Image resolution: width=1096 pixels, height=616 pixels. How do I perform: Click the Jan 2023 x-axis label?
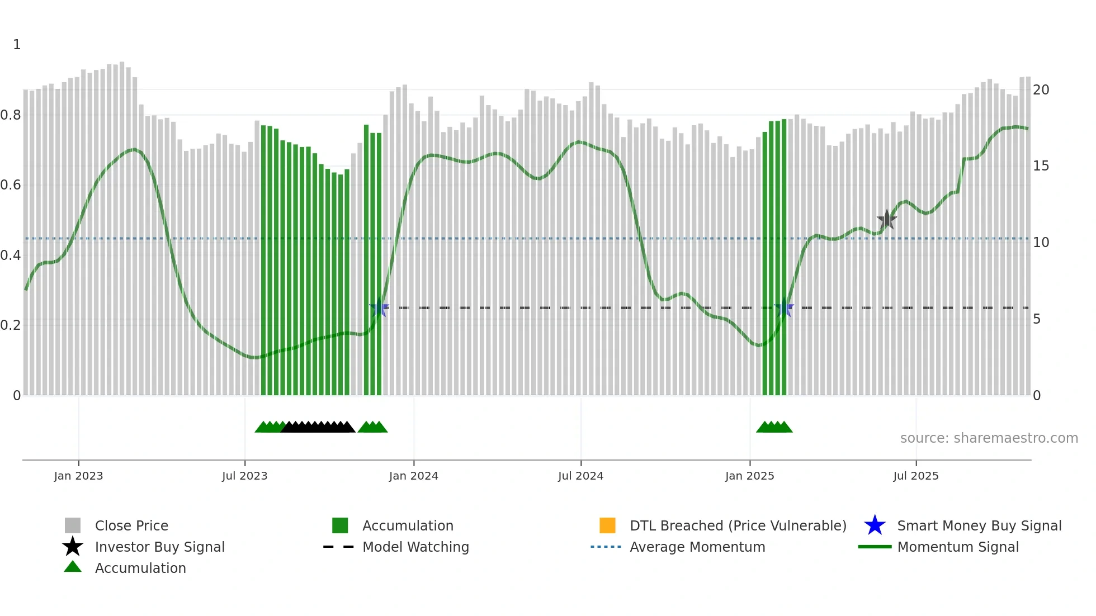(x=78, y=476)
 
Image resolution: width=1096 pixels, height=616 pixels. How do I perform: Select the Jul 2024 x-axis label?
(x=580, y=476)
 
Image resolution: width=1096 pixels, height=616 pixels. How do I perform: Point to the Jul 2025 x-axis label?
(x=915, y=476)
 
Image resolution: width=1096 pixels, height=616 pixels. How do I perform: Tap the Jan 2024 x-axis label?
(x=413, y=476)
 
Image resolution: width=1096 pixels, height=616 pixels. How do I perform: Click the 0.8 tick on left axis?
(x=11, y=115)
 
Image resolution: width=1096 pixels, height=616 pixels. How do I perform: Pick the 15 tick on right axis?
(x=1041, y=166)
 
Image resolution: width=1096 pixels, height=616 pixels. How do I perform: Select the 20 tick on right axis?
(x=1041, y=89)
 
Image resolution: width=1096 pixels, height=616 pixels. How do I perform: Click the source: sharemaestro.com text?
(x=989, y=438)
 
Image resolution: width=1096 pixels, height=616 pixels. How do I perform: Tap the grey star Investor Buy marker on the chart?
(x=886, y=220)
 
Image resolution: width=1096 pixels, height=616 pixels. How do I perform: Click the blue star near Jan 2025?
(x=784, y=307)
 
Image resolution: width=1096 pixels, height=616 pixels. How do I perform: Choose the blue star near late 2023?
(x=379, y=307)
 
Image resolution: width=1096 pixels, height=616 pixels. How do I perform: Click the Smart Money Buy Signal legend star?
(x=875, y=525)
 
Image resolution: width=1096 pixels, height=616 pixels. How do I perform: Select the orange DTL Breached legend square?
(x=607, y=525)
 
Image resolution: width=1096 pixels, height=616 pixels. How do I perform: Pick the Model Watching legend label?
(x=415, y=547)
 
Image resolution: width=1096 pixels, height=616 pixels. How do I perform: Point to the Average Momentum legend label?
(x=697, y=547)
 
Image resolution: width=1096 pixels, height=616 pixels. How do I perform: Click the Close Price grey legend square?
(x=73, y=525)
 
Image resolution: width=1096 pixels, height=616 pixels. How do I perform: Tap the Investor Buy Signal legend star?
(x=73, y=547)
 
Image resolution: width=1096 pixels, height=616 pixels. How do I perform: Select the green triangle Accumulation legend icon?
(x=73, y=567)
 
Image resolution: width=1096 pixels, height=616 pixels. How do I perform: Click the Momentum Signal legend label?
(x=958, y=547)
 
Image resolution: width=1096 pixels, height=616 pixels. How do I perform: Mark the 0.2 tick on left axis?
(x=11, y=325)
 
